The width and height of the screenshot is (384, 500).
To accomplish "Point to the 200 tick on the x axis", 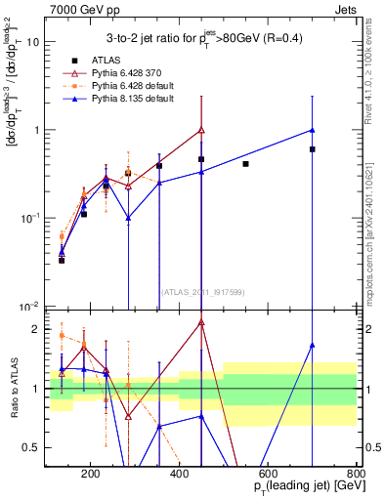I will [x=90, y=473].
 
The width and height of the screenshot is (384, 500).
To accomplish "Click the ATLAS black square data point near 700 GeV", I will [x=313, y=149].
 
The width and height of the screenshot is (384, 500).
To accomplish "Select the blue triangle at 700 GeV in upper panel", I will [x=313, y=129].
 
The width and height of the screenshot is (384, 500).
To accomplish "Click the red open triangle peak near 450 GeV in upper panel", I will [x=201, y=129].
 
